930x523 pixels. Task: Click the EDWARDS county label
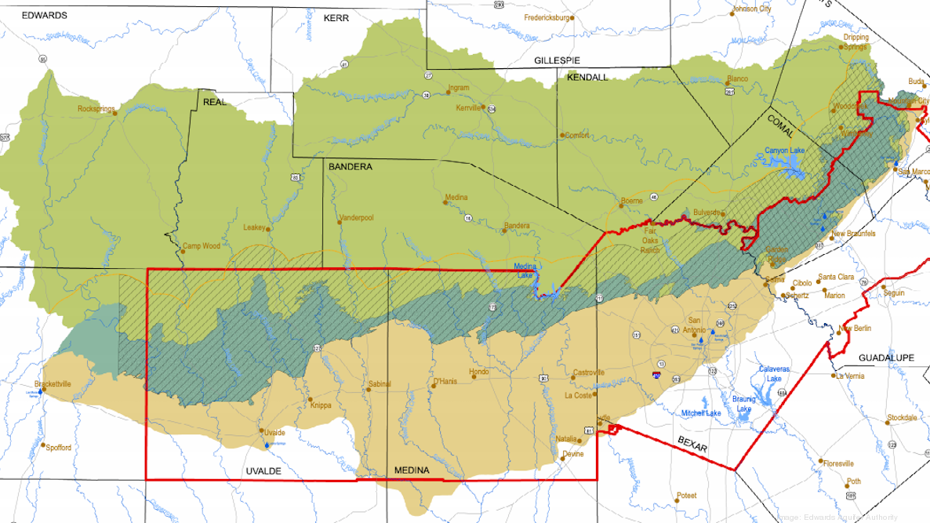[x=44, y=15]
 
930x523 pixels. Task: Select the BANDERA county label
[x=350, y=167]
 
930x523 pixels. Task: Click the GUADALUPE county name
[x=886, y=358]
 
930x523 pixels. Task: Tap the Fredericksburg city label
[x=547, y=17]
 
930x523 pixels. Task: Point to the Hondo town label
[x=478, y=372]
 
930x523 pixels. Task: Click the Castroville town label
[x=589, y=372]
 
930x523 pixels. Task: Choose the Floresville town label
[x=837, y=463]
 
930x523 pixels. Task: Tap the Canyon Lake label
[x=784, y=151]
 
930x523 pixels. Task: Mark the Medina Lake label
[x=525, y=270]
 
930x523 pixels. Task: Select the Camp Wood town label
[x=202, y=246]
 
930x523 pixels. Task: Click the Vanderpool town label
[x=357, y=218]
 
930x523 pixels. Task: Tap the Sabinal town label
[x=379, y=384]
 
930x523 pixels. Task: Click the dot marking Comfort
[x=562, y=135]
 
